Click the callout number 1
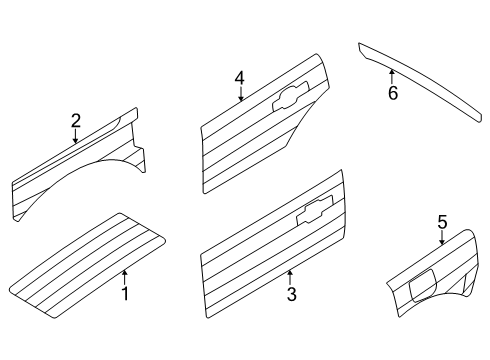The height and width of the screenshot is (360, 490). (x=125, y=294)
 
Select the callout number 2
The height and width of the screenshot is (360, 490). (x=76, y=121)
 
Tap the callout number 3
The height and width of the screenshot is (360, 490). (x=291, y=294)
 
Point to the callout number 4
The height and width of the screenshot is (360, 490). (x=239, y=79)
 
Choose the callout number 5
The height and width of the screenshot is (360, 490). (x=442, y=222)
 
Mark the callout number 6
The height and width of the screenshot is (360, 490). (x=393, y=93)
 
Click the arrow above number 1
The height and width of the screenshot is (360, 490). (x=125, y=277)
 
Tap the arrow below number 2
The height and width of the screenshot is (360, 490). (x=76, y=136)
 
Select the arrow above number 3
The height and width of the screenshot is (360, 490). (x=290, y=277)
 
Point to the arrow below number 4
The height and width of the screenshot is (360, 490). (x=241, y=94)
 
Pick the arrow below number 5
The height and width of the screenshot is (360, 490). (x=442, y=238)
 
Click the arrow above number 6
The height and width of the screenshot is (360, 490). (x=392, y=76)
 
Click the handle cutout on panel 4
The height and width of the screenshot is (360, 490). (x=291, y=97)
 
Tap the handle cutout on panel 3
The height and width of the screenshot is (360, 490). (x=315, y=210)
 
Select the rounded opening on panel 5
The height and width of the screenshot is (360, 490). (x=423, y=286)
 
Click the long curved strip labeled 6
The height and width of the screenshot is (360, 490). (x=421, y=81)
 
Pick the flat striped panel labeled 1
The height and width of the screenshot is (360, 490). (x=87, y=266)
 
